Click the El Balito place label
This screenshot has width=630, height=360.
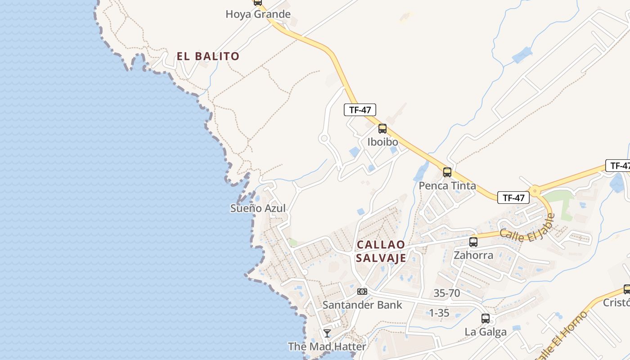pyautogui.click(x=208, y=56)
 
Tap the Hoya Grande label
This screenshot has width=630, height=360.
pyautogui.click(x=258, y=14)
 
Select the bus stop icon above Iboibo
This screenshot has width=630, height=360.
pyautogui.click(x=382, y=129)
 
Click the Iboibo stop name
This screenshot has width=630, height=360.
pyautogui.click(x=382, y=142)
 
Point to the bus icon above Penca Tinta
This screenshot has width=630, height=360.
pyautogui.click(x=447, y=172)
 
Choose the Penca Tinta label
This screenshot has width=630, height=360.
pyautogui.click(x=447, y=185)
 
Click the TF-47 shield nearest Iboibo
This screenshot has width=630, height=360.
pyautogui.click(x=360, y=109)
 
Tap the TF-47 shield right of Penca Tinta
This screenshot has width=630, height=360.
pyautogui.click(x=513, y=198)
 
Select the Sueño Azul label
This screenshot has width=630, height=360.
pyautogui.click(x=258, y=208)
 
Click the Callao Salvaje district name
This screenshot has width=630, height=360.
pyautogui.click(x=381, y=251)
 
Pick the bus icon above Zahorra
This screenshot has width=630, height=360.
pyautogui.click(x=473, y=242)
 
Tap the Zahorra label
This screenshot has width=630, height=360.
pyautogui.click(x=473, y=255)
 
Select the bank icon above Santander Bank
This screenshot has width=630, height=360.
pyautogui.click(x=362, y=292)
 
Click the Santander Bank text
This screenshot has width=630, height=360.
pyautogui.click(x=362, y=305)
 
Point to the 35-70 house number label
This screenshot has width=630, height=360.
pyautogui.click(x=446, y=293)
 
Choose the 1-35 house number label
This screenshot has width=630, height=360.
pyautogui.click(x=439, y=313)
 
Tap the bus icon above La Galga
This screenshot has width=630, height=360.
pyautogui.click(x=486, y=319)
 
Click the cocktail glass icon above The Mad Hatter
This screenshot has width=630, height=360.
pyautogui.click(x=327, y=333)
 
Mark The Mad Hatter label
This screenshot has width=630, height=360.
pyautogui.click(x=327, y=346)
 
